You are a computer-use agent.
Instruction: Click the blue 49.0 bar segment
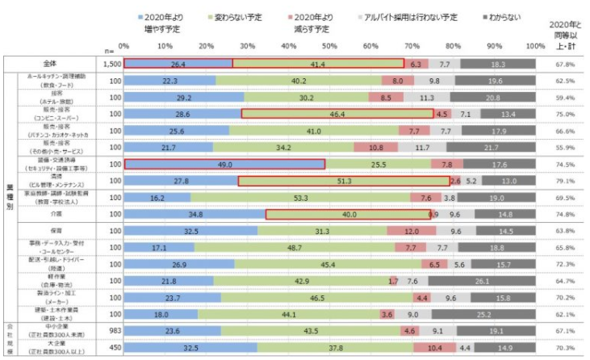[x=224, y=164]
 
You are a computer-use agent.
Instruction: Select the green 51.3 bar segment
[x=344, y=181]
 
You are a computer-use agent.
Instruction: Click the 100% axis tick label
[x=534, y=46]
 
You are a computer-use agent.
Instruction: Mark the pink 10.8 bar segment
[x=376, y=148]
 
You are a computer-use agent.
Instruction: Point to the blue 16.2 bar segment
[x=157, y=198]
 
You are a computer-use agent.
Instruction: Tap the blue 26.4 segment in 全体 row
[x=178, y=63]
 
